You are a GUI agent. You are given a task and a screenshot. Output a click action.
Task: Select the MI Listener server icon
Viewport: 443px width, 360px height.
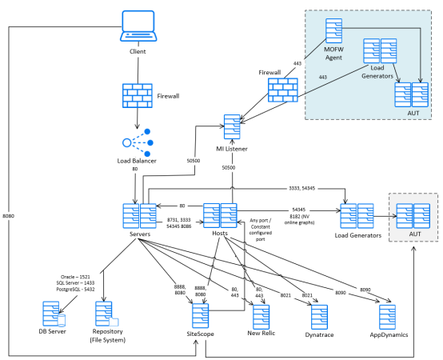point(233,127)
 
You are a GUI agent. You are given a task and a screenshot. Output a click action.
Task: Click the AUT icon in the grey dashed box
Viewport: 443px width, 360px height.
point(414,217)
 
